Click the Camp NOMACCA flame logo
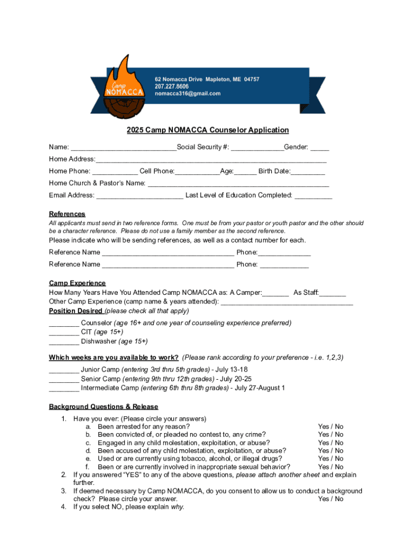125,86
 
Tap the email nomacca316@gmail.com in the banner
187,94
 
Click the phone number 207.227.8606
172,86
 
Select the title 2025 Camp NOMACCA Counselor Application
208,130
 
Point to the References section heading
67,214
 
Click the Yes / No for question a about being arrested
331,427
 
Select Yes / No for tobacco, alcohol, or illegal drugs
331,459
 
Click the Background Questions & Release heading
104,407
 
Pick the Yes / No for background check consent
331,499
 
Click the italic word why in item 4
177,507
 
